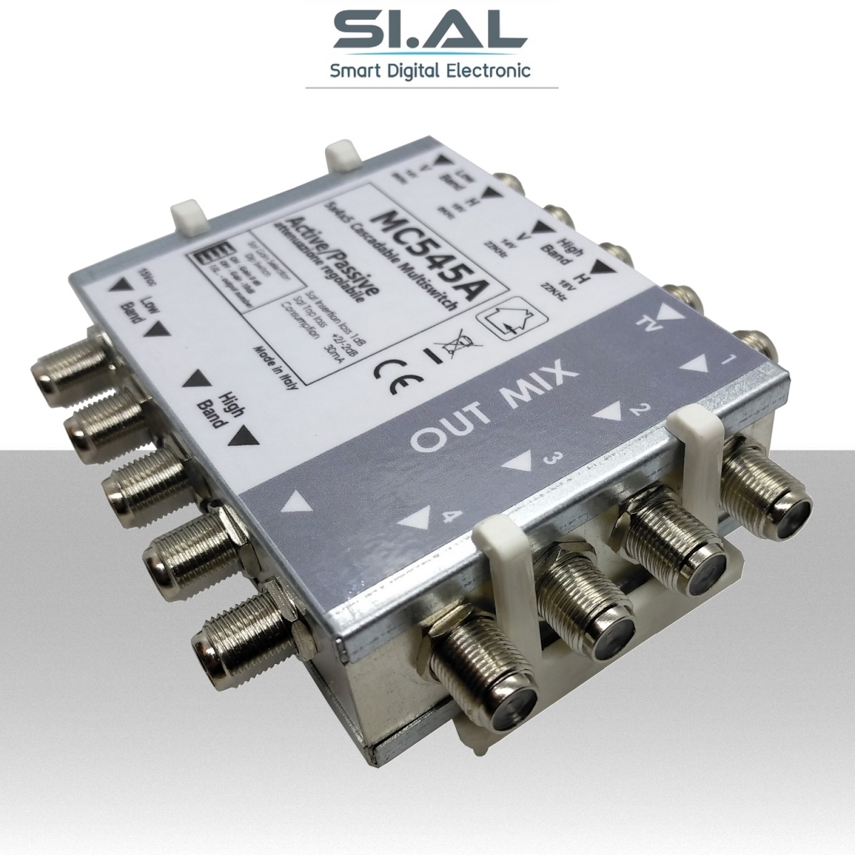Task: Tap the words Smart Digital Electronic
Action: (427, 71)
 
